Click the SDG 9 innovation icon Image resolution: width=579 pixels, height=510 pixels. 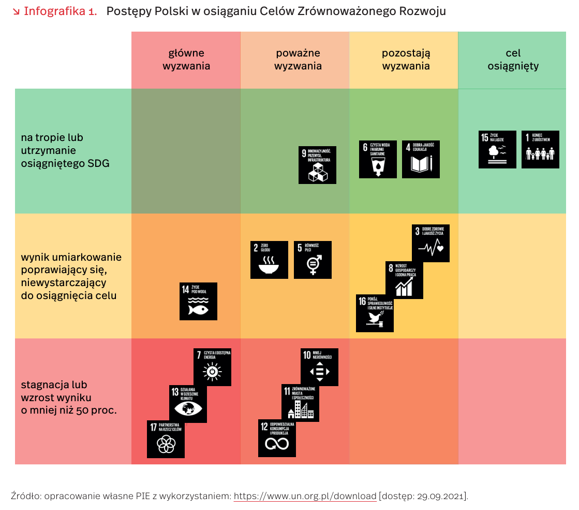pyautogui.click(x=317, y=165)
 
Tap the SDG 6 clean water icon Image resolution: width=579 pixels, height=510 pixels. pyautogui.click(x=378, y=159)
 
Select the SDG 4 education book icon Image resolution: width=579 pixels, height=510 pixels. pyautogui.click(x=421, y=159)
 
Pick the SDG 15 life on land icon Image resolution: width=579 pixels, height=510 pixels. pyautogui.click(x=497, y=149)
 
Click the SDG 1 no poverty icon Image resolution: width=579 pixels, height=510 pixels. pyautogui.click(x=540, y=149)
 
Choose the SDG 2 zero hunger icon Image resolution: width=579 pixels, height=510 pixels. pyautogui.click(x=269, y=260)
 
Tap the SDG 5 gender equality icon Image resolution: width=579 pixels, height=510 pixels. pyautogui.click(x=313, y=260)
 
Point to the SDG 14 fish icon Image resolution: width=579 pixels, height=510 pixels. pyautogui.click(x=198, y=301)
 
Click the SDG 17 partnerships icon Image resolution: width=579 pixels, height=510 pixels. pyautogui.click(x=166, y=439)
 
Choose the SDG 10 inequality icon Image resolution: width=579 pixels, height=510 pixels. pyautogui.click(x=320, y=367)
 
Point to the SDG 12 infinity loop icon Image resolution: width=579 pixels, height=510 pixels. pyautogui.click(x=277, y=438)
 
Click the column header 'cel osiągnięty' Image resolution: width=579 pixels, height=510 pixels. pyautogui.click(x=513, y=60)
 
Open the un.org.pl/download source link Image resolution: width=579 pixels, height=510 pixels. pyautogui.click(x=305, y=496)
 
